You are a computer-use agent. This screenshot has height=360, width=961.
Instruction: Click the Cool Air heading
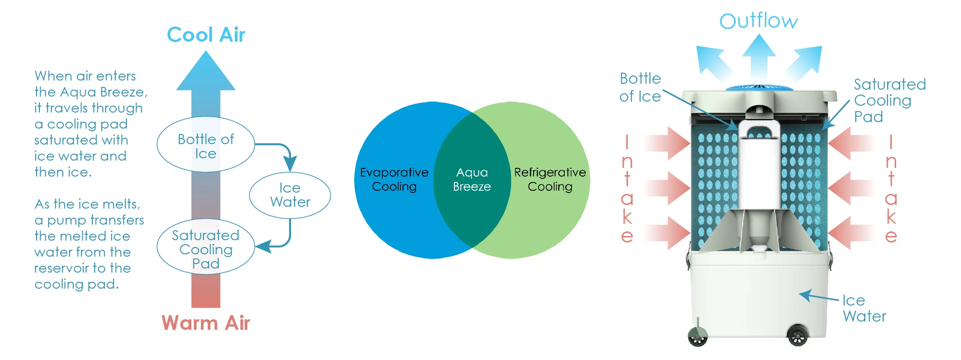[x=206, y=35]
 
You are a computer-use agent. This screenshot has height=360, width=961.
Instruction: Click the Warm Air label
[x=205, y=323]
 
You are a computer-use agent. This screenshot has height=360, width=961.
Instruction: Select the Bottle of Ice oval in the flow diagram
[x=205, y=145]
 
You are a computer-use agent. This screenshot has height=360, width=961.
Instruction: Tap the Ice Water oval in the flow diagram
[x=290, y=195]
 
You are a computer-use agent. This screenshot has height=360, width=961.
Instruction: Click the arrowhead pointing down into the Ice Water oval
[x=290, y=163]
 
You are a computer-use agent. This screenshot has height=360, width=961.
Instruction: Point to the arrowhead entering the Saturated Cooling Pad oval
[x=263, y=247]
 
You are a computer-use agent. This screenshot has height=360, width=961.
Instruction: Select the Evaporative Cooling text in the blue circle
[x=394, y=179]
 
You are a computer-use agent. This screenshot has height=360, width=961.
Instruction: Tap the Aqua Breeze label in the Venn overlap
[x=472, y=179]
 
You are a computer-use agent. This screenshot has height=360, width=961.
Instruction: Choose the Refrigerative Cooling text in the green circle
[x=550, y=179]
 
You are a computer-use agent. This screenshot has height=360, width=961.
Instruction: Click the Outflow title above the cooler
[x=758, y=21]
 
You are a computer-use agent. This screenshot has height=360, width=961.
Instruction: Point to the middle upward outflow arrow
[x=759, y=55]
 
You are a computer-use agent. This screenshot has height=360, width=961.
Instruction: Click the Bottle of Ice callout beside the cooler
[x=640, y=87]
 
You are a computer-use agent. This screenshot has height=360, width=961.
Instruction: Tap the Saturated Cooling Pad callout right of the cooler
[x=889, y=101]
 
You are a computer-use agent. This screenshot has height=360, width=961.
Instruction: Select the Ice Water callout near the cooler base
[x=864, y=308]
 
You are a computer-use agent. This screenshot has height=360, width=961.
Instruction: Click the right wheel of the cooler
[x=798, y=336]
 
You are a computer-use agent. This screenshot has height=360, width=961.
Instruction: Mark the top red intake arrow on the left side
[x=669, y=143]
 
